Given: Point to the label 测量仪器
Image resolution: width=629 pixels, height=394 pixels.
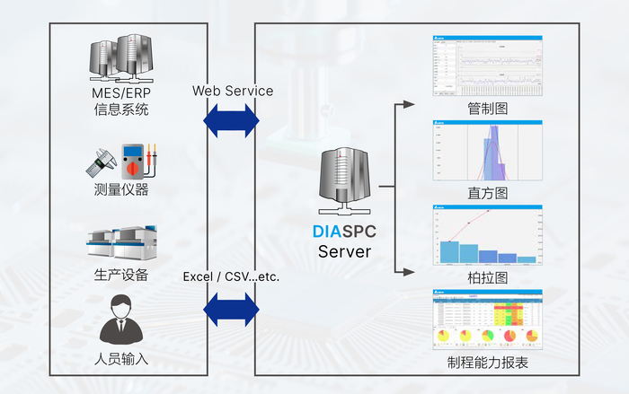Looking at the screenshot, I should [x=121, y=189].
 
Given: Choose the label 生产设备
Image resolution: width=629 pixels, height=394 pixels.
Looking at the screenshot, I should [x=121, y=274].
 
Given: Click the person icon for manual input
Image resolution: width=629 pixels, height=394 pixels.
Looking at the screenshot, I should [x=121, y=320].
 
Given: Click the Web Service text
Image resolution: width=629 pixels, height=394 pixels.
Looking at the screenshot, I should [x=233, y=91].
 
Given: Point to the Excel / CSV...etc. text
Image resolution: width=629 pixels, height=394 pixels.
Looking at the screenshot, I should [x=231, y=276].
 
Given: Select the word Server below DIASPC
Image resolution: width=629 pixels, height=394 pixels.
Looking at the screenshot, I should [x=344, y=251].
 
